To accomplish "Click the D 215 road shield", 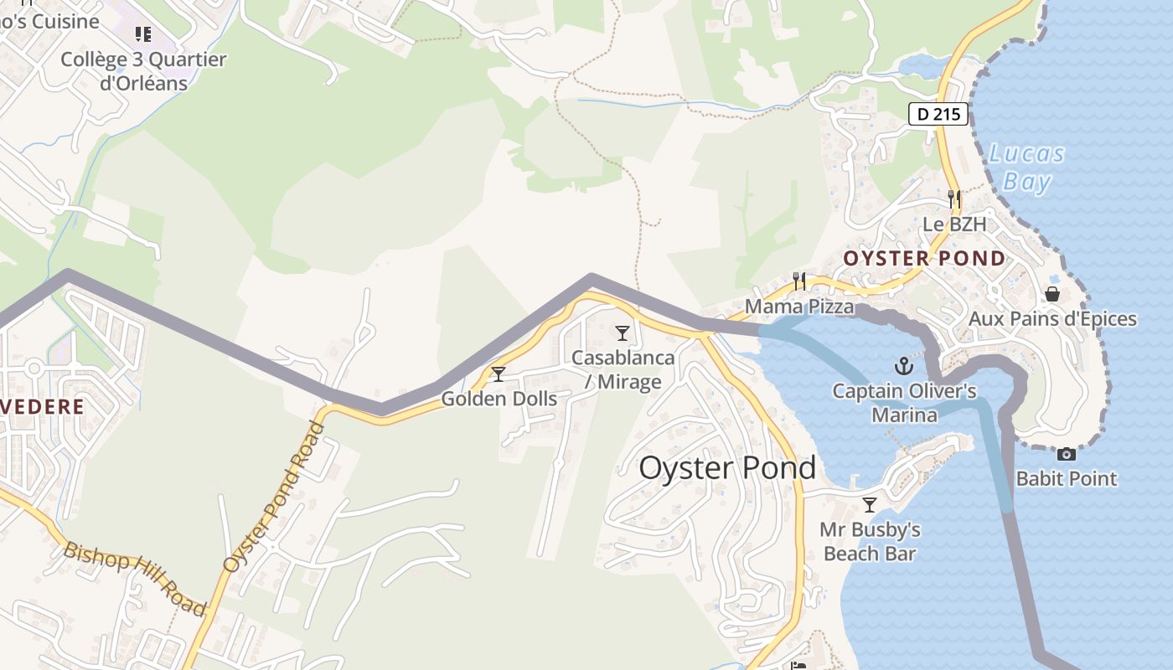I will click(x=938, y=115).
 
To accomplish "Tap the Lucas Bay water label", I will click(x=1026, y=167).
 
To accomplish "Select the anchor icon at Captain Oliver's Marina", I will click(x=903, y=366).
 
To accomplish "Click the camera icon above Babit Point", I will click(x=1066, y=455).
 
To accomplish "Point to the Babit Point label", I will click(x=1066, y=479).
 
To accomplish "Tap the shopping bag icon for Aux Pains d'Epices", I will click(x=1052, y=294).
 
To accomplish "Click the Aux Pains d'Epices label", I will click(x=1052, y=319).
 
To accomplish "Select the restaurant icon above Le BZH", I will click(x=954, y=199).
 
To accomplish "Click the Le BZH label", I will click(x=954, y=224).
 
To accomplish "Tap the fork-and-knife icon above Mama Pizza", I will click(x=799, y=281).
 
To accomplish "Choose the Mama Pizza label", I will click(x=799, y=307).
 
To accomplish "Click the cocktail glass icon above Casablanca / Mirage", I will click(x=623, y=333).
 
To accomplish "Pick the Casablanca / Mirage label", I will click(x=623, y=369).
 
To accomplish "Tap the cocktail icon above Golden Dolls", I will click(x=499, y=374).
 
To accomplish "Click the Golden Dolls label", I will click(x=499, y=399).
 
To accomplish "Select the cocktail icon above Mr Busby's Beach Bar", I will click(x=870, y=505).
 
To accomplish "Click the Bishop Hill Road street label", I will click(x=134, y=579).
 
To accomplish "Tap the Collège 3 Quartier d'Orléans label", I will click(x=143, y=71).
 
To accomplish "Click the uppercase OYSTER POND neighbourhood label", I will click(x=924, y=258).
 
